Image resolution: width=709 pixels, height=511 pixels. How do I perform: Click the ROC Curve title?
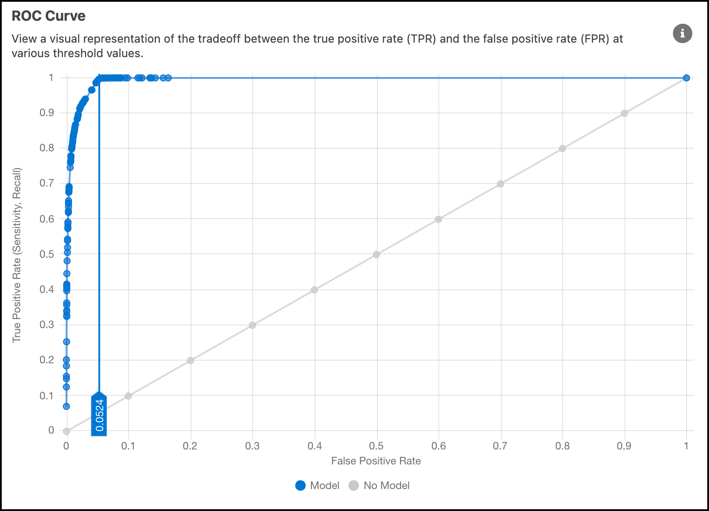point(48,16)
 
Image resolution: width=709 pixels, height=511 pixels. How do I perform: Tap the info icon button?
point(682,33)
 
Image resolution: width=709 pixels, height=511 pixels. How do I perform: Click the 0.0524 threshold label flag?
point(99,415)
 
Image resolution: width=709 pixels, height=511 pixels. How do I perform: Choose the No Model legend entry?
point(380,485)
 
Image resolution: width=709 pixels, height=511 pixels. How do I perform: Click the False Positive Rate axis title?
point(376,461)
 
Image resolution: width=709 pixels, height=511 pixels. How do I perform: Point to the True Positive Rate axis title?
point(17,255)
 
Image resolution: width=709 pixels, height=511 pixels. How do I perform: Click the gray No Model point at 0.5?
point(376,255)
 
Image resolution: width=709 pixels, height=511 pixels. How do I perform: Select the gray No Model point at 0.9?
point(624,113)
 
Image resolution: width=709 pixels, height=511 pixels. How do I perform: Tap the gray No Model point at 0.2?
point(190,361)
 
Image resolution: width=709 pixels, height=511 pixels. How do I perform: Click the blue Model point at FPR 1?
point(686,78)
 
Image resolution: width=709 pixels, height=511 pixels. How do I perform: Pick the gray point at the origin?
point(66,431)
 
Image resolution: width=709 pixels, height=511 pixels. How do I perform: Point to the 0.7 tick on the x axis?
point(500,446)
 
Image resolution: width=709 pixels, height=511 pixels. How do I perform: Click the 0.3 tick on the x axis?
point(252,446)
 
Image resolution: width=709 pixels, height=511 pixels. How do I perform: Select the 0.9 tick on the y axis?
point(47,113)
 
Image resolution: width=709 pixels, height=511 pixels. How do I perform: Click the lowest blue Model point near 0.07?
point(66,406)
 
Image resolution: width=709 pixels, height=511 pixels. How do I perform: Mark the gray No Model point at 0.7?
point(500,184)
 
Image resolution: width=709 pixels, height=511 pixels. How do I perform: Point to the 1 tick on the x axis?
point(686,446)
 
